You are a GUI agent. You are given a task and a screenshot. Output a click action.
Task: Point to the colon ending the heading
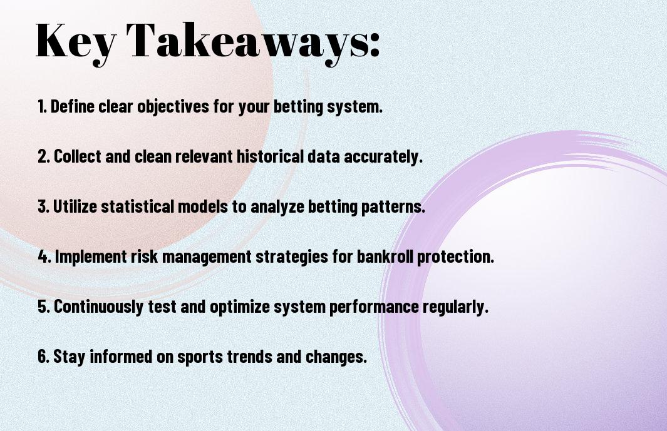[x=375, y=44]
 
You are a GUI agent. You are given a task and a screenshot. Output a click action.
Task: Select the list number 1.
[x=42, y=106]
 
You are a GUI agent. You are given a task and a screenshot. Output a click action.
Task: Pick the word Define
[x=72, y=106]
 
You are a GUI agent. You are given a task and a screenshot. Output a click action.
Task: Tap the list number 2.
[x=44, y=156]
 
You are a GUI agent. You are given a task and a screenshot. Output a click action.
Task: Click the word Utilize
[x=75, y=206]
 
